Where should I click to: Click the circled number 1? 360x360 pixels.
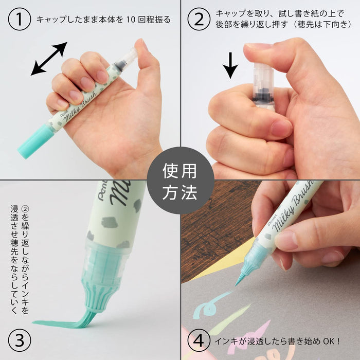tap(20, 20)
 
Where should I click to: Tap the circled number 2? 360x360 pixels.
tap(199, 20)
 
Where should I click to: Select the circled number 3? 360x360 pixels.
tap(20, 340)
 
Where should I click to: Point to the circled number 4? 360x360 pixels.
tap(199, 340)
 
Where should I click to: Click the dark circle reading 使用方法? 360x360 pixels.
tap(180, 181)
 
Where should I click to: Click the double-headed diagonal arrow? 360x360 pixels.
tap(49, 59)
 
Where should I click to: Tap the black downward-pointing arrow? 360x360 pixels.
tap(230, 64)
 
